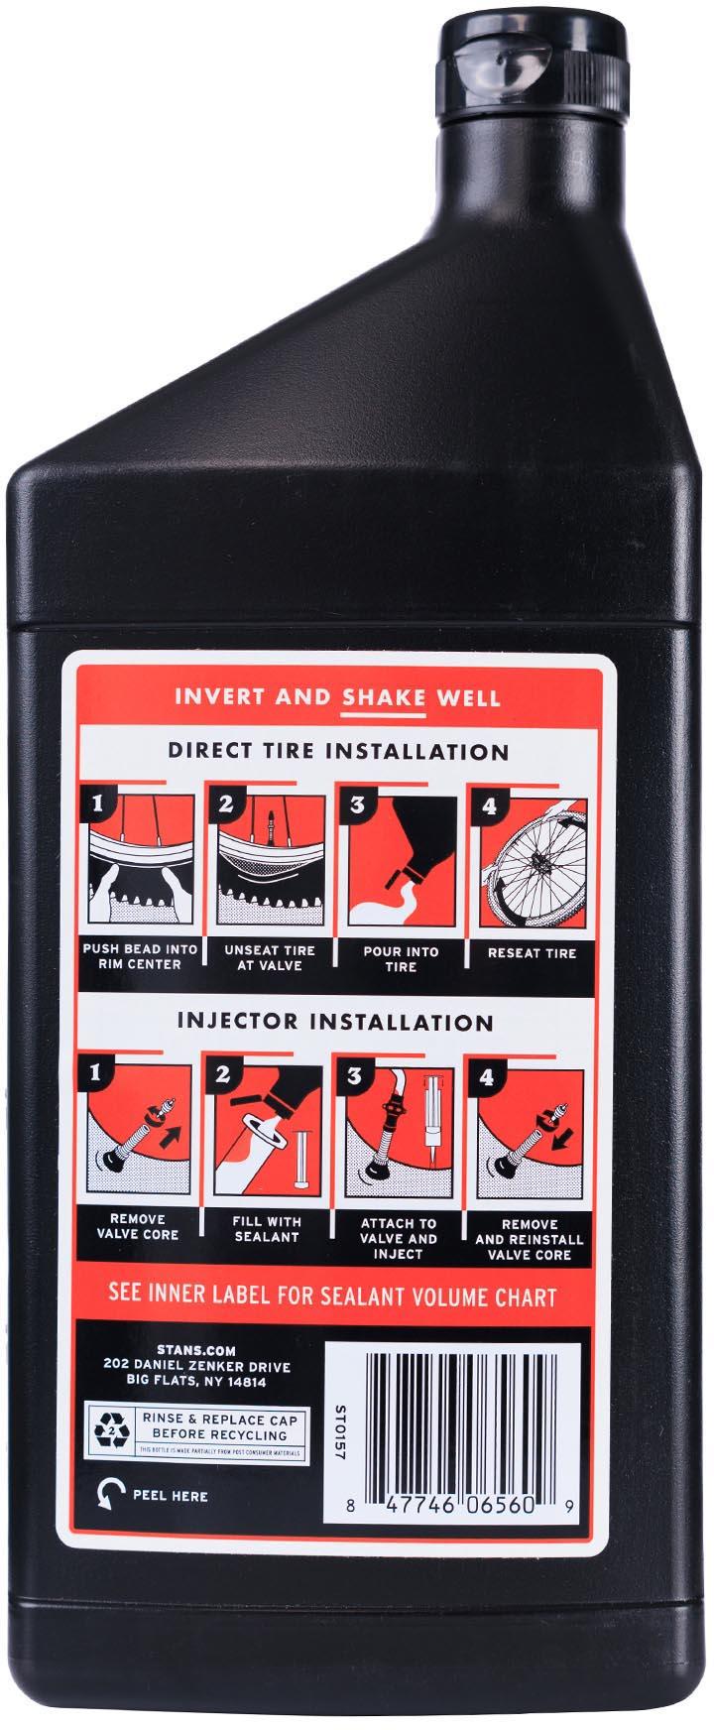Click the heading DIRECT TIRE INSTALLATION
(x=337, y=751)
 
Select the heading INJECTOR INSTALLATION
(x=337, y=1021)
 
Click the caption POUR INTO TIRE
(x=403, y=958)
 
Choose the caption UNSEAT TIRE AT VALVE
(x=270, y=957)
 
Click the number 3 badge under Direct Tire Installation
(x=356, y=805)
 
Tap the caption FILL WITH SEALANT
(x=267, y=1229)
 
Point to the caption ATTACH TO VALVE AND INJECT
(x=399, y=1239)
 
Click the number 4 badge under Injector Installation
(x=486, y=1077)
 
